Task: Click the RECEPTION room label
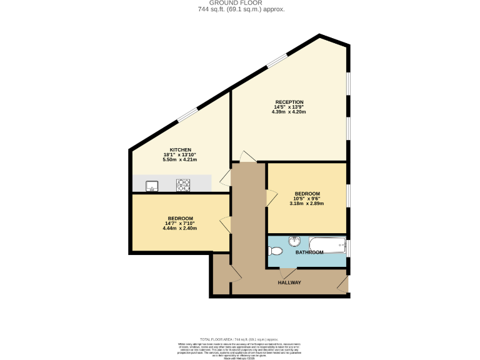[289, 102]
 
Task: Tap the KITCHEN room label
[181, 150]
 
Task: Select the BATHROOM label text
[309, 252]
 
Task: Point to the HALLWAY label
[289, 282]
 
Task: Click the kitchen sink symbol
[152, 185]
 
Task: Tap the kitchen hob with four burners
[183, 184]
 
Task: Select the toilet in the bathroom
[275, 251]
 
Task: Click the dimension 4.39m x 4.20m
[289, 112]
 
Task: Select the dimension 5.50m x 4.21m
[181, 160]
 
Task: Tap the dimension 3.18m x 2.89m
[307, 204]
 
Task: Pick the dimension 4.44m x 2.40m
[180, 228]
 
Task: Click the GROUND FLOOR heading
[239, 3]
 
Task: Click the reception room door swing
[247, 156]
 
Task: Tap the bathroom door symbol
[287, 273]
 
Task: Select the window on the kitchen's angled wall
[187, 114]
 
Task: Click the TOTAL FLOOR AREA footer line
[240, 338]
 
